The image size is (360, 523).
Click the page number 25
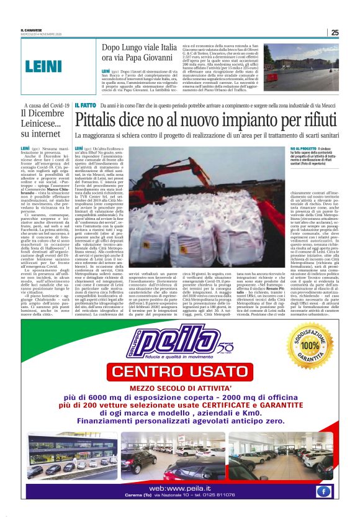tap(335, 32)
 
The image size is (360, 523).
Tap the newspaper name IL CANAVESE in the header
tap(30, 30)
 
